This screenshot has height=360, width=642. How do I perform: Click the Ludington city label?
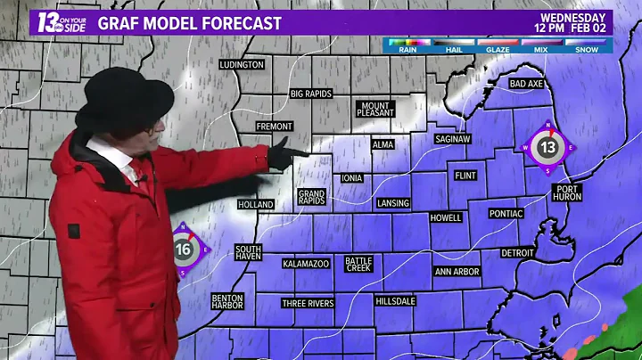[x=243, y=65]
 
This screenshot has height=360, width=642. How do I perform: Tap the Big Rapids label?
[x=311, y=94]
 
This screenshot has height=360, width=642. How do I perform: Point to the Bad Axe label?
[x=526, y=84]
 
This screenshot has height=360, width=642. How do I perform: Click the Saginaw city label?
[x=453, y=139]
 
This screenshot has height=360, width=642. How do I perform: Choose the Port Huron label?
[x=566, y=193]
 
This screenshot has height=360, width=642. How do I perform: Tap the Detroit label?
[x=517, y=253]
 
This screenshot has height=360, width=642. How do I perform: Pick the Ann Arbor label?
[x=457, y=271]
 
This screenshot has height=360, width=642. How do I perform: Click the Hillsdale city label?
[x=396, y=301]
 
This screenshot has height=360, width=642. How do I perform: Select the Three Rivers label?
[x=308, y=303]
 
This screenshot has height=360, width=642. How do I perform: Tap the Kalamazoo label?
[x=307, y=264]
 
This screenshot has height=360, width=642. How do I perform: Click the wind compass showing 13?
[x=547, y=147]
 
